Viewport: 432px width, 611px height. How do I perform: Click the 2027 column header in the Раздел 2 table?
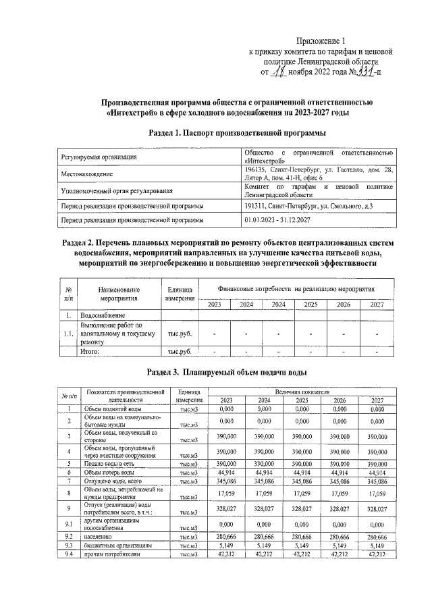[377, 304]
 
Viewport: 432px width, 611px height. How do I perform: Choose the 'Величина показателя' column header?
[302, 392]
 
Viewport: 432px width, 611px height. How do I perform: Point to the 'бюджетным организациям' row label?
[118, 544]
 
